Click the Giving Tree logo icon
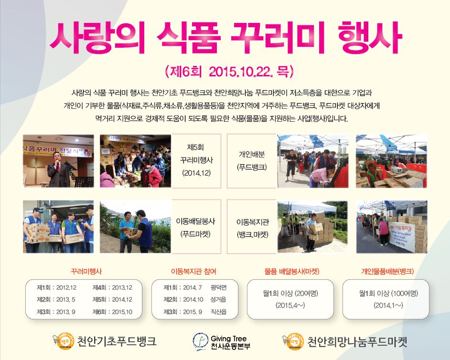[200, 341]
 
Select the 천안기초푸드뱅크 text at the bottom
[117, 341]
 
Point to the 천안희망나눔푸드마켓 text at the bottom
[357, 341]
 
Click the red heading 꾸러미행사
[86, 271]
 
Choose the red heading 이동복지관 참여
[193, 271]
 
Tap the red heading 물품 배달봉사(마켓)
[291, 271]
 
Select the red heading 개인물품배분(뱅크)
[387, 271]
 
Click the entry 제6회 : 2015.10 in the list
[113, 312]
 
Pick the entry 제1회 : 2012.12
[57, 287]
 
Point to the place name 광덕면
[218, 287]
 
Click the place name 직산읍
[218, 312]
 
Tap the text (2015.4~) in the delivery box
[290, 306]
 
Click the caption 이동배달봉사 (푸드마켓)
[195, 227]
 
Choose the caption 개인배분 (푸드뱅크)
[252, 160]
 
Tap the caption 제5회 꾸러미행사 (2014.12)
[196, 160]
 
